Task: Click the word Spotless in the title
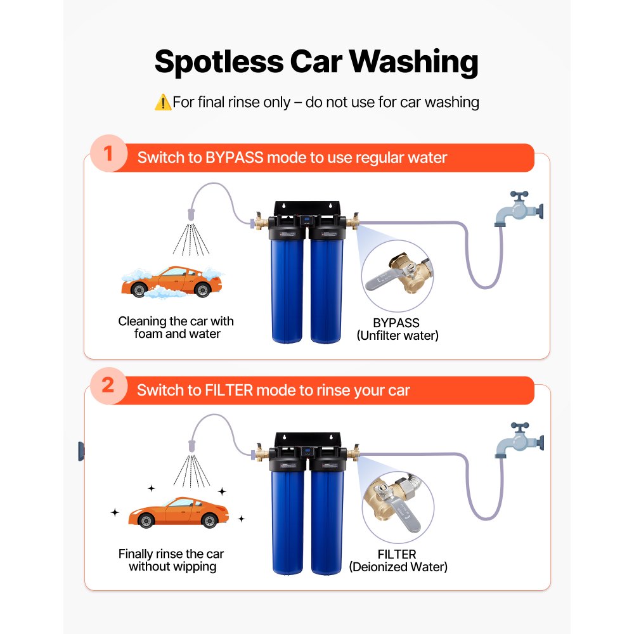[219, 62]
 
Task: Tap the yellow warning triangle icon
[162, 102]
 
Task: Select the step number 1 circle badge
[108, 155]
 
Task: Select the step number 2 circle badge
[108, 386]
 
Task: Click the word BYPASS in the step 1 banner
[234, 158]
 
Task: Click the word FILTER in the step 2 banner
[230, 390]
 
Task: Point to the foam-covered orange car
[172, 282]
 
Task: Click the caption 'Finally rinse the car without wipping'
[171, 560]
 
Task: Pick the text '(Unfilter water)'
[397, 335]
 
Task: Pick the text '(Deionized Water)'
[398, 567]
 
